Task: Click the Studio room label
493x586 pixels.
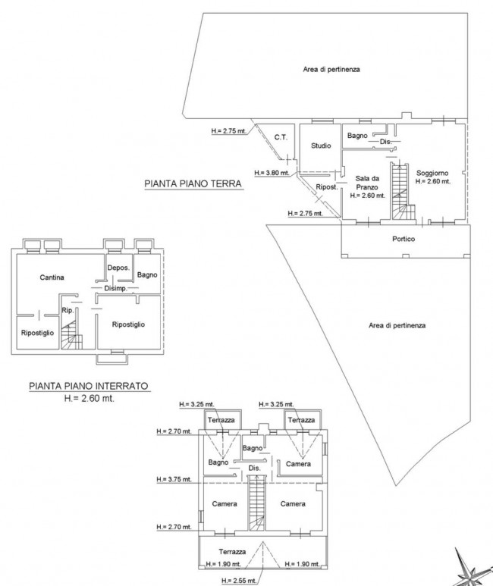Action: (321, 146)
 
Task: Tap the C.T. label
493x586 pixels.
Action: (281, 137)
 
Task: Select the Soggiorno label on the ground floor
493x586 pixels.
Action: (432, 173)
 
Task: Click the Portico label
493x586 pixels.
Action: (404, 239)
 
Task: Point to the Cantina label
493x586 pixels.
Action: (52, 277)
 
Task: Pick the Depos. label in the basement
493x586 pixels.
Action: (118, 268)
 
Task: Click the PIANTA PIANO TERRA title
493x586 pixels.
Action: (193, 184)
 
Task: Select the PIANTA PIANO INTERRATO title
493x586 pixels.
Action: (89, 386)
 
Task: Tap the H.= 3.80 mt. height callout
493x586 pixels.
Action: (272, 173)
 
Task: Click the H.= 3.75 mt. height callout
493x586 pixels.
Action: (174, 479)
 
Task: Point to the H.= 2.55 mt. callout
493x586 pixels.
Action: (239, 581)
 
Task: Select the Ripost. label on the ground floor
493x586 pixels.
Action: (327, 186)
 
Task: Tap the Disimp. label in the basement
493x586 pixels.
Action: (115, 288)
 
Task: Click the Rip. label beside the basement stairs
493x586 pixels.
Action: (68, 310)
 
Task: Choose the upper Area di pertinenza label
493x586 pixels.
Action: (331, 69)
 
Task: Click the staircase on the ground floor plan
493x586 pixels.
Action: (403, 191)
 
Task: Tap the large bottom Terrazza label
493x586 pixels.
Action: (232, 552)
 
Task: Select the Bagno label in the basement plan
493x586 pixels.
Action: (147, 275)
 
